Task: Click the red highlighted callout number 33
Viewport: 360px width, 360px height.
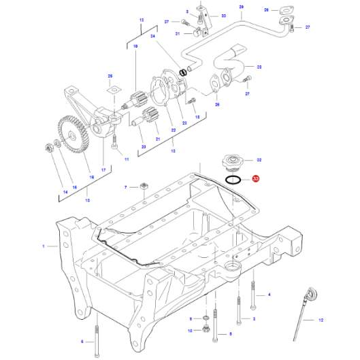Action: point(255,180)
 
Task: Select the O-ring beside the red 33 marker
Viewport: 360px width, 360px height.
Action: point(232,180)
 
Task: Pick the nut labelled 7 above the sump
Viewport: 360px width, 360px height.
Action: point(144,186)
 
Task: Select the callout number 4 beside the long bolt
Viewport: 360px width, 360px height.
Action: point(269,294)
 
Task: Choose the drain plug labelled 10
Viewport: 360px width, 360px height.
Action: point(205,331)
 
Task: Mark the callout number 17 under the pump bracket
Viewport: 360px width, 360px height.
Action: point(103,169)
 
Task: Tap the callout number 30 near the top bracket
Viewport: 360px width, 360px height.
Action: point(223,16)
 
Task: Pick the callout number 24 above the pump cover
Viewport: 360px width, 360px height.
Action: point(152,36)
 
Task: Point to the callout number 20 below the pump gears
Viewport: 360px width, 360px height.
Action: point(143,146)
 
